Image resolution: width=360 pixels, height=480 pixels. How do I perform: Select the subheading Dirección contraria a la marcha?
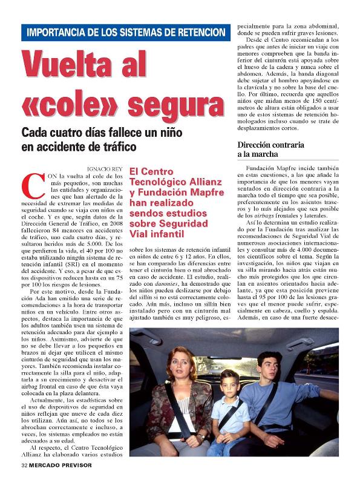click(270, 150)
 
